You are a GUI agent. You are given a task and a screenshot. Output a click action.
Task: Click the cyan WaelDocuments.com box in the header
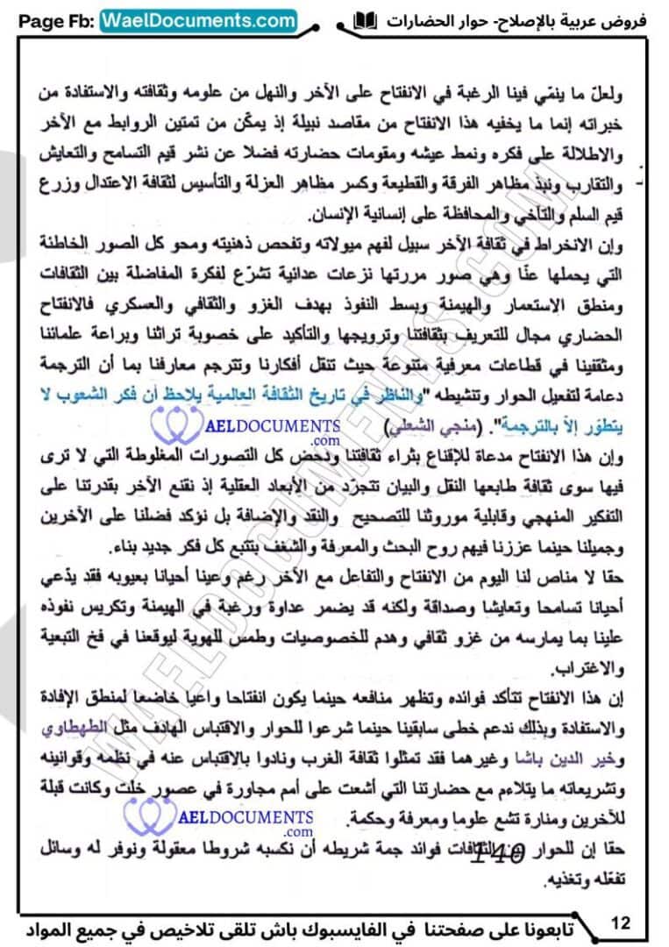tap(200, 18)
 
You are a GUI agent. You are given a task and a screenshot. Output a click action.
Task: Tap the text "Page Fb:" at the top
tap(53, 18)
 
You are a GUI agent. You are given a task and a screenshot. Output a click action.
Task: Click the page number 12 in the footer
tap(620, 922)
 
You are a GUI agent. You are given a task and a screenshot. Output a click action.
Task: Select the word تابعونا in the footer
tap(545, 926)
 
